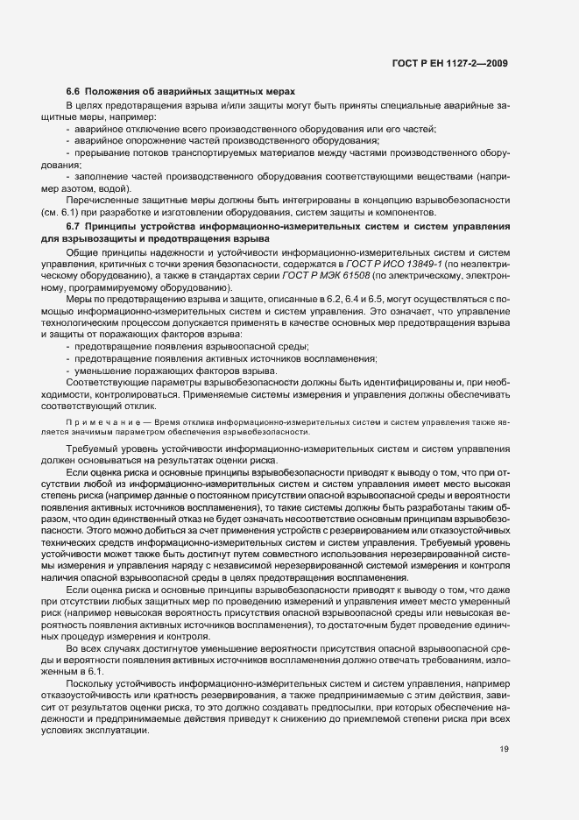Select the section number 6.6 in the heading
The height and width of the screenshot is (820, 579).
pyautogui.click(x=74, y=91)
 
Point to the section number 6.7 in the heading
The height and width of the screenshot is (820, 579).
pyautogui.click(x=74, y=227)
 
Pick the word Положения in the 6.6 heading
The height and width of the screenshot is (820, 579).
pyautogui.click(x=116, y=91)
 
